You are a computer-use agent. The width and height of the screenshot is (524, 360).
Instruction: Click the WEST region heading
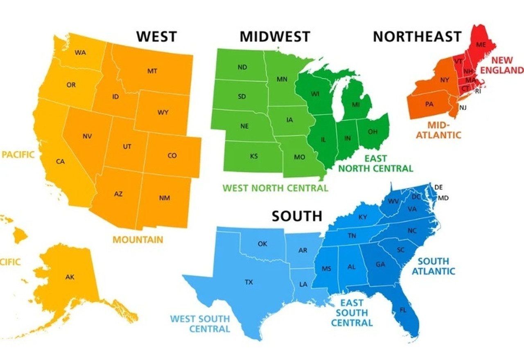click(x=156, y=36)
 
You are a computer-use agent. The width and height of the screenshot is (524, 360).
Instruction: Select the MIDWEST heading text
click(x=275, y=36)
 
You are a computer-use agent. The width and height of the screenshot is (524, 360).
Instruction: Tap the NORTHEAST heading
click(x=417, y=36)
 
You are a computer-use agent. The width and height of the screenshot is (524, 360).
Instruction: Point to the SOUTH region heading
click(x=297, y=216)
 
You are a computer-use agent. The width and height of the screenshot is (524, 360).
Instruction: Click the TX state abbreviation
click(x=248, y=282)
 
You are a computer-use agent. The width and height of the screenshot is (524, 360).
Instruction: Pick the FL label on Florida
click(x=403, y=310)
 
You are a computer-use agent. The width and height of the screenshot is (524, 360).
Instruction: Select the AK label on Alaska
click(x=70, y=277)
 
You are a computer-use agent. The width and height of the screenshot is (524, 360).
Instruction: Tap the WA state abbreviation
click(x=80, y=52)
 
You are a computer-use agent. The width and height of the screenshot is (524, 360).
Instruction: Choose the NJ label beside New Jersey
click(x=463, y=108)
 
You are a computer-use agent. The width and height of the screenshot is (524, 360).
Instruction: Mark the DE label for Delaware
click(x=438, y=187)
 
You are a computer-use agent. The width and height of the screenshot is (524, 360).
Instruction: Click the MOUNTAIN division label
click(x=138, y=240)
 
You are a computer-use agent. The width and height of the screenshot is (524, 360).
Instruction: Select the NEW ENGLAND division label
click(x=502, y=65)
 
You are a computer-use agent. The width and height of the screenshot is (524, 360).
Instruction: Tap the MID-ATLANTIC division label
click(x=438, y=129)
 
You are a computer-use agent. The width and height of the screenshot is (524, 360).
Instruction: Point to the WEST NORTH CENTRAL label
click(x=275, y=188)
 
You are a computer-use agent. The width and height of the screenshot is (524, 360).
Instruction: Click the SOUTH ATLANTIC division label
click(x=433, y=266)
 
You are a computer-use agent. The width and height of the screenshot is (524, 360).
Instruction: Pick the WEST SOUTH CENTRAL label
click(x=200, y=324)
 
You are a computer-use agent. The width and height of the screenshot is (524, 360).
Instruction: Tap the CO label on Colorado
click(x=172, y=156)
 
